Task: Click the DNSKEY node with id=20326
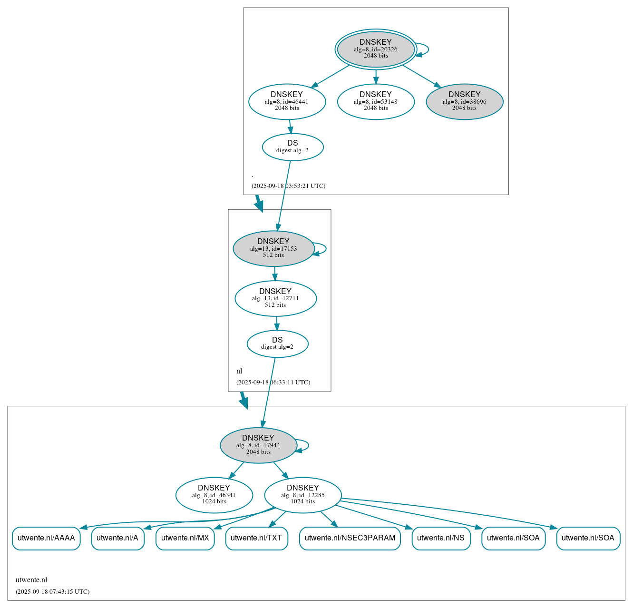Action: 376,49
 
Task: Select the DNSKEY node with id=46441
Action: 287,101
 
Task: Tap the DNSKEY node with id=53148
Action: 376,101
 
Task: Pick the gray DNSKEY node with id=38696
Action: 464,101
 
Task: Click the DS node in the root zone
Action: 292,147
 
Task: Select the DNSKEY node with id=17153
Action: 273,248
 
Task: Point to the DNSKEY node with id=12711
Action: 275,298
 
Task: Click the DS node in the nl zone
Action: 277,343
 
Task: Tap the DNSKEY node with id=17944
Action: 258,445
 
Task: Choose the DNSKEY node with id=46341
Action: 214,495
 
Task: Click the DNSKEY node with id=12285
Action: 302,495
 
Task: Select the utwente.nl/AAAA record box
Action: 46,538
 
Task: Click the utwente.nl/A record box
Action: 117,538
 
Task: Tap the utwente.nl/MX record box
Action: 185,538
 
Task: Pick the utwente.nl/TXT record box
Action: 256,538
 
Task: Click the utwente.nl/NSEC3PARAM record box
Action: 350,538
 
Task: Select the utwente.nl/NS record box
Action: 441,538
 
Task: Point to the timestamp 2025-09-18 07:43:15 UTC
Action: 52,592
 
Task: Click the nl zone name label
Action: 239,371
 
